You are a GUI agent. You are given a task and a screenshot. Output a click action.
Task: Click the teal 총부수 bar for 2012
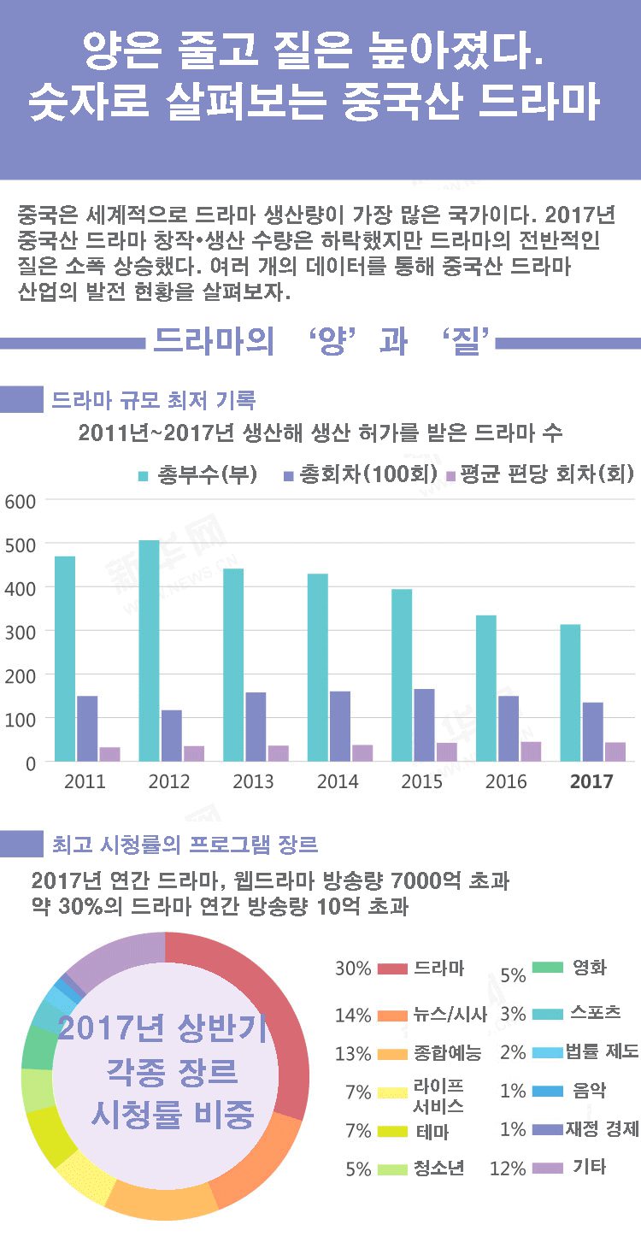click(x=149, y=650)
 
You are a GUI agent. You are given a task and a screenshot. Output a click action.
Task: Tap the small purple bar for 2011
click(x=109, y=754)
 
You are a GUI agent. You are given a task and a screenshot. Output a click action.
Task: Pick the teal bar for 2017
click(x=570, y=692)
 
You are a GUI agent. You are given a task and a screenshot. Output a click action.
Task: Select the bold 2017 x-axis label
click(x=591, y=781)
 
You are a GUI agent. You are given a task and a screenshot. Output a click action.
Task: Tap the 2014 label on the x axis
click(x=338, y=781)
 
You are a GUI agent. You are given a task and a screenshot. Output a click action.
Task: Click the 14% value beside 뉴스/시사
click(x=352, y=1016)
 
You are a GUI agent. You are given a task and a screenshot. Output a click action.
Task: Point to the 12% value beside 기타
click(x=508, y=1169)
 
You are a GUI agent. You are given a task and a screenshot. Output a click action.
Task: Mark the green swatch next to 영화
click(x=547, y=968)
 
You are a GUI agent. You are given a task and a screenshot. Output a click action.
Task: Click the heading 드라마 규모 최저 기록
click(x=153, y=400)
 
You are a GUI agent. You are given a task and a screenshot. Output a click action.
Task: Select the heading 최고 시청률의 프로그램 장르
click(x=185, y=845)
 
